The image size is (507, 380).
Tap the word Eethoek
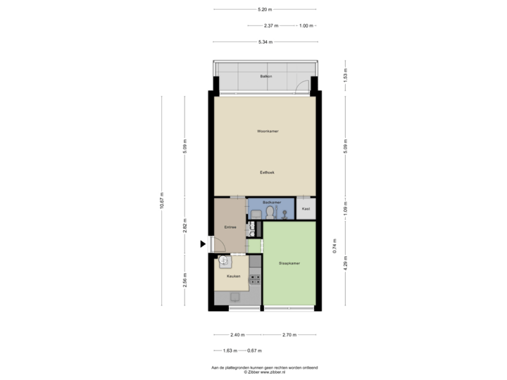click(x=266, y=172)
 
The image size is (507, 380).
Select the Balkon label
click(x=265, y=75)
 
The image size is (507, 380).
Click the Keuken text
click(x=233, y=277)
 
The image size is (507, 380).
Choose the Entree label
click(x=230, y=227)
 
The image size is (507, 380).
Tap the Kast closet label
click(x=306, y=209)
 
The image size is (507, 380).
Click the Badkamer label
click(x=271, y=203)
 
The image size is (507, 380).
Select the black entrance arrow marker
click(x=203, y=244)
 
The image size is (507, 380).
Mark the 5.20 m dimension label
click(x=265, y=10)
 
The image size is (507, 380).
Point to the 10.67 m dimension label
click(x=162, y=201)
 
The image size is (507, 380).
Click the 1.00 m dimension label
click(x=305, y=25)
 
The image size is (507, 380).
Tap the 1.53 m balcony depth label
click(x=345, y=75)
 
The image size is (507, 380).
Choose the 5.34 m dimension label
click(x=265, y=42)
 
